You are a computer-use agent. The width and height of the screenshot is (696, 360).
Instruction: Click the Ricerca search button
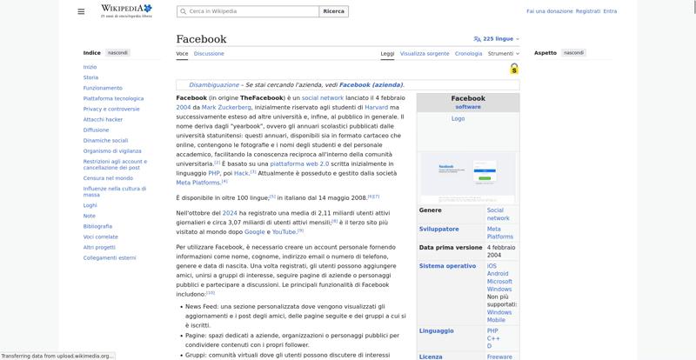[333, 11]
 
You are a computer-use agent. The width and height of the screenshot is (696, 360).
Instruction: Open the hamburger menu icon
[81, 11]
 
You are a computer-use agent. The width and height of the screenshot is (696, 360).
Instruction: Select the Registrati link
[588, 11]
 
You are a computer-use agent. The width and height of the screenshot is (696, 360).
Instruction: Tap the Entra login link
[610, 11]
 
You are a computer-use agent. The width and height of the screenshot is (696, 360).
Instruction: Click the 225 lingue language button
[494, 39]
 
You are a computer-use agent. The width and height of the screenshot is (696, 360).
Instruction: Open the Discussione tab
[209, 53]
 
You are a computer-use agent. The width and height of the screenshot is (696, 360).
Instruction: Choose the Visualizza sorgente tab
[425, 53]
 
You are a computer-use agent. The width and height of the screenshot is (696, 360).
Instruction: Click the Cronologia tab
[468, 53]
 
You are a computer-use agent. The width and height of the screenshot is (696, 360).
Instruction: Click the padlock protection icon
[514, 69]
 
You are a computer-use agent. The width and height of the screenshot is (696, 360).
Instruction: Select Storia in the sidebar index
[90, 77]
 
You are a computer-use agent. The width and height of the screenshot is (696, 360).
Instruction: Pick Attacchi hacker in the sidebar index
[103, 119]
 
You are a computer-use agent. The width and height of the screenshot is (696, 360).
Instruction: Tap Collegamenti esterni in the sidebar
[110, 257]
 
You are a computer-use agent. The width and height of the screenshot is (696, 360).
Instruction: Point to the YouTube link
[284, 231]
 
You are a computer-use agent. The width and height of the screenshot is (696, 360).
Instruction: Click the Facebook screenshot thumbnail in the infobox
[468, 177]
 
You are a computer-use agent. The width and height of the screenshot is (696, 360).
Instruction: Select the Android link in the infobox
[498, 274]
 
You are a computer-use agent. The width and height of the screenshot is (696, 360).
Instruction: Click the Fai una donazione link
[549, 11]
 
